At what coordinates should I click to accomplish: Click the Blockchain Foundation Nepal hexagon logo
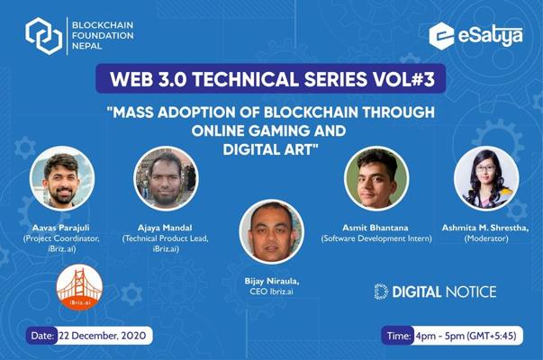coord(44,36)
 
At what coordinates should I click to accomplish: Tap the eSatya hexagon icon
coord(441,36)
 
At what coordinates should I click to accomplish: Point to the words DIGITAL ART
coord(270,149)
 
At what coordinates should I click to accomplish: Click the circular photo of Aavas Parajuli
coord(62,178)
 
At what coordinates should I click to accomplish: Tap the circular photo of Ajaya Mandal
coord(166,178)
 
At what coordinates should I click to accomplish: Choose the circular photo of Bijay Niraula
coord(272,232)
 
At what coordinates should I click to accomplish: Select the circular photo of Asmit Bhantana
coord(376,178)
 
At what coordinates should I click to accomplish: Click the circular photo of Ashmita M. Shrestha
coord(486,178)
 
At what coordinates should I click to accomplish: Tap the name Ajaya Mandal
coord(165,228)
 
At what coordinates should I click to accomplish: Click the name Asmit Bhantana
coord(376,228)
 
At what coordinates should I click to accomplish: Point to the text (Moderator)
coord(486,238)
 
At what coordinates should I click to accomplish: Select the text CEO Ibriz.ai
coord(272,292)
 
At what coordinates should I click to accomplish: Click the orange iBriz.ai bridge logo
coord(79,287)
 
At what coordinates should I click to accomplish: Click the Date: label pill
coord(42,336)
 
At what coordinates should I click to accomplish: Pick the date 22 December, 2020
coord(103,336)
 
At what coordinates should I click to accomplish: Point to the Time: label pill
coord(398,336)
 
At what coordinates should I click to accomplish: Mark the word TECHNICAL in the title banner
coord(245,79)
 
